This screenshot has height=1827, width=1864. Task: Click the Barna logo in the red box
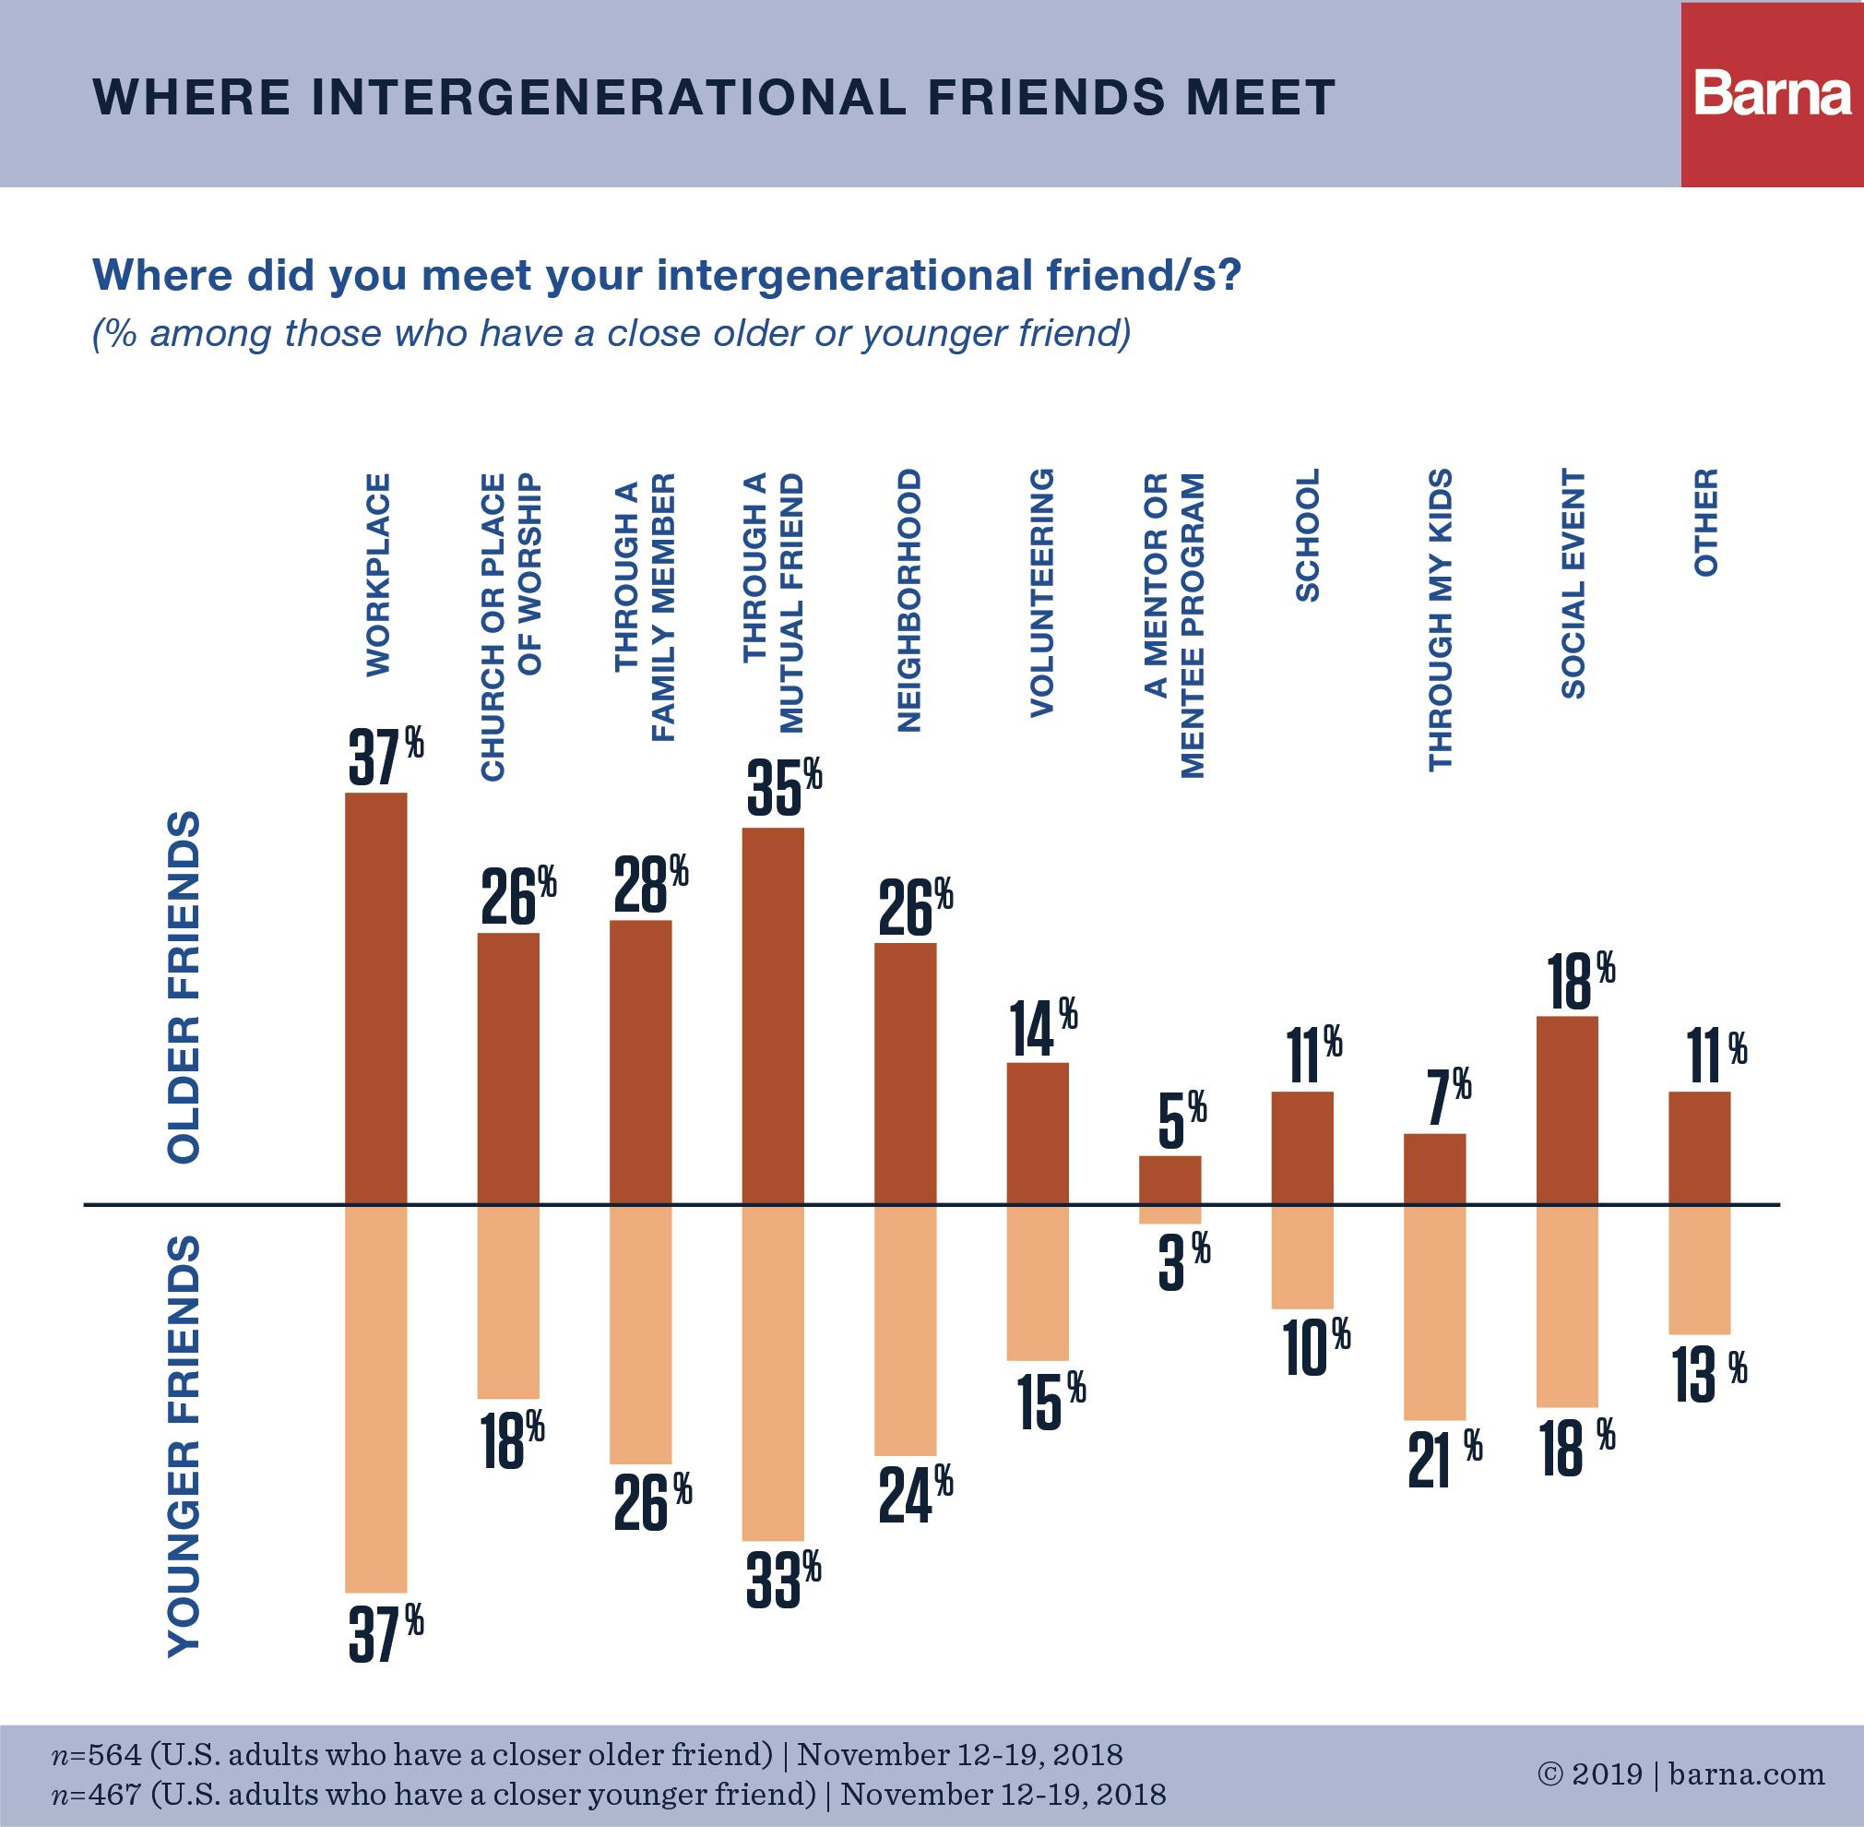1771,94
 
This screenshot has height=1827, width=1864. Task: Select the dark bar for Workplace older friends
375,998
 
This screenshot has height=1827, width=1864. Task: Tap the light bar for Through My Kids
1434,1312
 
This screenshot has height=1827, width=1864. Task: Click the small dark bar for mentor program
1169,1179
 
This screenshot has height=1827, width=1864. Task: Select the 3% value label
1181,1263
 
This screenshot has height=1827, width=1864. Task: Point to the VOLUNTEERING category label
1041,593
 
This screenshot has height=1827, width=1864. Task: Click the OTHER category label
1704,523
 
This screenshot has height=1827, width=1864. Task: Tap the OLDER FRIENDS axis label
184,988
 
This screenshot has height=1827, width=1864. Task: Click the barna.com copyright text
1680,1774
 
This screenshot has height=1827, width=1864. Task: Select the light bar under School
1301,1257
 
